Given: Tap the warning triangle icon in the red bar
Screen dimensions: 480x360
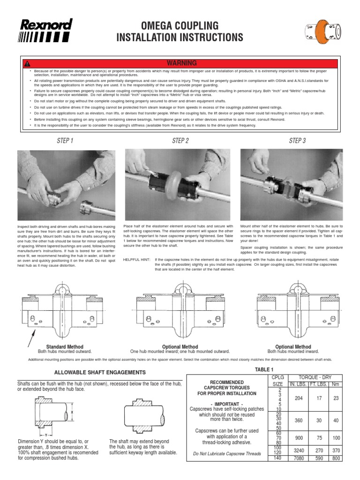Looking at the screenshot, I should [x=28, y=63].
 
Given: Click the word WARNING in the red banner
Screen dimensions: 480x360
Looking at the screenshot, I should [x=180, y=63].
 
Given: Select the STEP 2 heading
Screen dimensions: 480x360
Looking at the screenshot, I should [x=180, y=141].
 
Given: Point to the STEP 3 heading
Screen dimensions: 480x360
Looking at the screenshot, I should [x=297, y=141].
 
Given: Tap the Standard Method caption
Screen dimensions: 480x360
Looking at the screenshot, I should [x=65, y=346].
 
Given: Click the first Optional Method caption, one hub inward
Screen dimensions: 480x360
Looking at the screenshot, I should [x=180, y=346].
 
